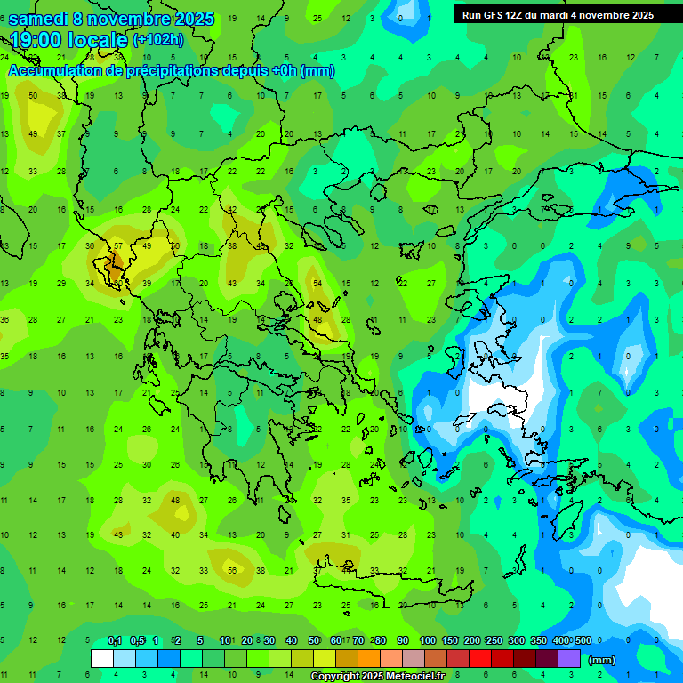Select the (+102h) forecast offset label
point(157,40)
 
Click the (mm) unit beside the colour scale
point(601,660)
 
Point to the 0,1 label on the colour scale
point(114,640)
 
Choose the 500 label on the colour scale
point(583,640)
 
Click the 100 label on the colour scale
point(428,640)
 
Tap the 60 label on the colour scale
point(335,640)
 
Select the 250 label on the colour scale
point(494,640)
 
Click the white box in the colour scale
point(102,658)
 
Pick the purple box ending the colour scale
point(569,658)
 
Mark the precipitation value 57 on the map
point(118,245)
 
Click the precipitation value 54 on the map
point(317,282)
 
